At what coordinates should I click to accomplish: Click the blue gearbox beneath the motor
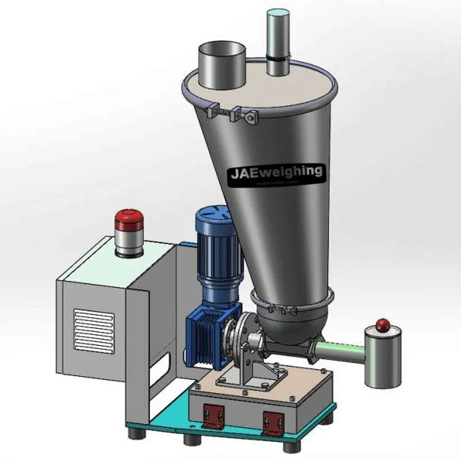[207, 337]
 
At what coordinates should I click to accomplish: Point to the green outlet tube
[340, 350]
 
